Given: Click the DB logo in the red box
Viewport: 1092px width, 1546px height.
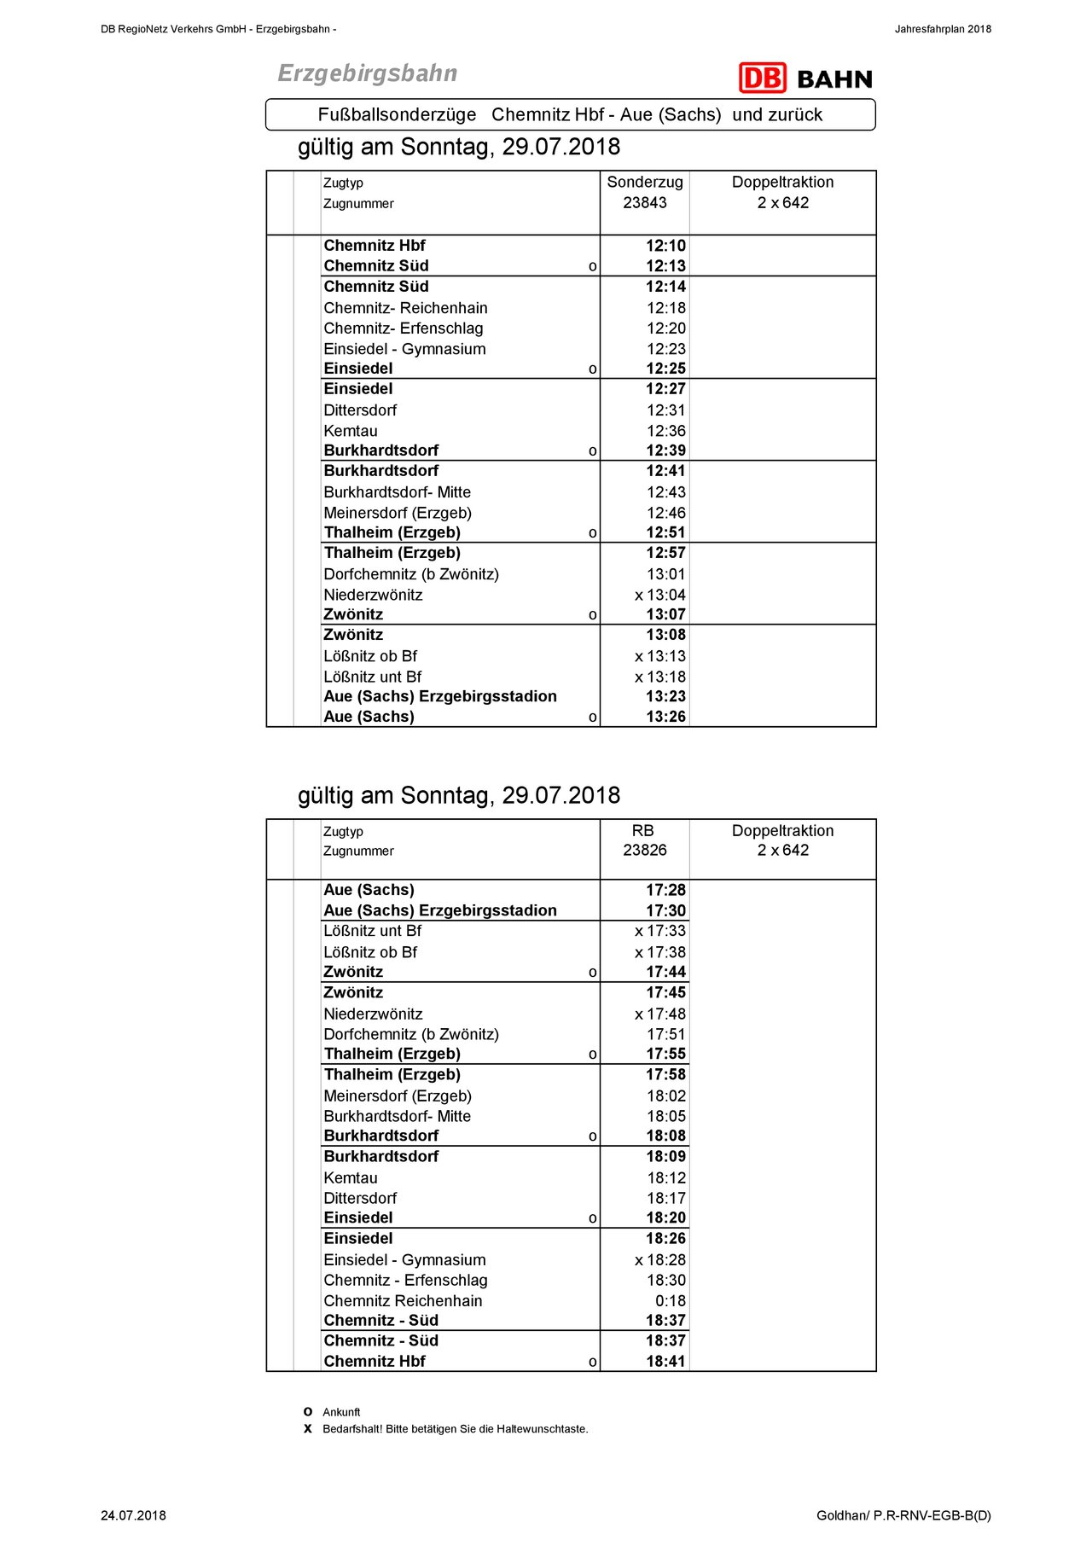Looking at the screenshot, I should pyautogui.click(x=762, y=78).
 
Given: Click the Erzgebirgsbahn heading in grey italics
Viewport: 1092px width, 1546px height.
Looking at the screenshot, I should pyautogui.click(x=368, y=73).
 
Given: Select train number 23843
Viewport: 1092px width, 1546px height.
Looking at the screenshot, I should pyautogui.click(x=644, y=202).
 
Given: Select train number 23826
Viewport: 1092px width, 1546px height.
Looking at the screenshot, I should pyautogui.click(x=644, y=850).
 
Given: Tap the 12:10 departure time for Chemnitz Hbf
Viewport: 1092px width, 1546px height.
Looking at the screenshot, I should pyautogui.click(x=665, y=246).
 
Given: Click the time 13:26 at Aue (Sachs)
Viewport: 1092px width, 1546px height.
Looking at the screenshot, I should pyautogui.click(x=665, y=717).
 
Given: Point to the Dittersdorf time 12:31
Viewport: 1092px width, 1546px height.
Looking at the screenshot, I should pyautogui.click(x=665, y=410).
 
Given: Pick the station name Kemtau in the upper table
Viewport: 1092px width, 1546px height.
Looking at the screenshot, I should pyautogui.click(x=351, y=431).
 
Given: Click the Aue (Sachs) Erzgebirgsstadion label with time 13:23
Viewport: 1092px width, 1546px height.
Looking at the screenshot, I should pyautogui.click(x=439, y=696).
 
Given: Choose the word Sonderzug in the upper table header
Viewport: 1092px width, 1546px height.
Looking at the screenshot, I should pyautogui.click(x=644, y=182).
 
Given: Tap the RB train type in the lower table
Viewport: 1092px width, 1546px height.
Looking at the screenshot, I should pyautogui.click(x=642, y=830).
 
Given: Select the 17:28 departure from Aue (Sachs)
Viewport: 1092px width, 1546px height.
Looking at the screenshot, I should pyautogui.click(x=665, y=890).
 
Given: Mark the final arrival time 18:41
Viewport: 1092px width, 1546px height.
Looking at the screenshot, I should pyautogui.click(x=665, y=1361).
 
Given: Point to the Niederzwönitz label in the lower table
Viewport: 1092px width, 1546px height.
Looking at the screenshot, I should pyautogui.click(x=373, y=1014).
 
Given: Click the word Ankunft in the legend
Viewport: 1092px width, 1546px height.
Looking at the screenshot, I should pyautogui.click(x=341, y=1412).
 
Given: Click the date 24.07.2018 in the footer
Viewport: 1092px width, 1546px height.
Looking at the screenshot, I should pyautogui.click(x=133, y=1515).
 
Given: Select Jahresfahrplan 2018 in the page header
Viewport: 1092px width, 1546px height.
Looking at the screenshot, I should pyautogui.click(x=943, y=29).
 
